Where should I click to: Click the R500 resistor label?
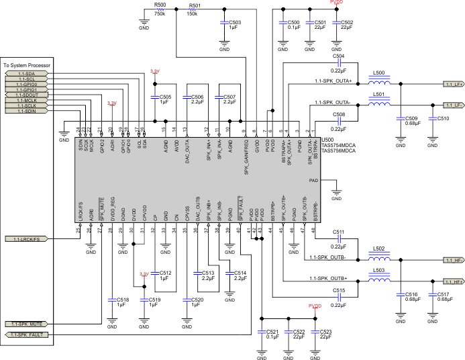point(160,5)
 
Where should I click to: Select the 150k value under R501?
point(192,13)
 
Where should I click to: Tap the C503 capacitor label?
point(233,21)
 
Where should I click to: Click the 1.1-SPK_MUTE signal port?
point(28,324)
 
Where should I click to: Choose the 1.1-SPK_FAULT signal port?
point(28,334)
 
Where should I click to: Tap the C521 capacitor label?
point(272,332)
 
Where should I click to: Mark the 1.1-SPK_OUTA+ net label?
point(333,81)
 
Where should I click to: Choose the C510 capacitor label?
point(443,118)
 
